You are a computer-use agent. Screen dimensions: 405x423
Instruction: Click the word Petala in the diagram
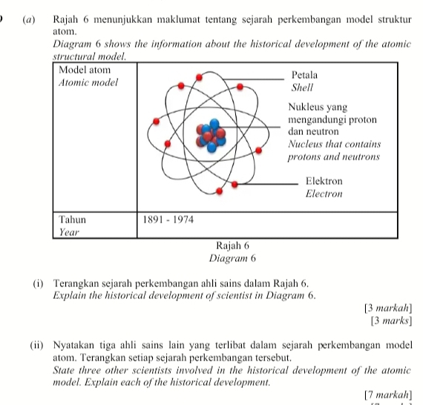[305, 75]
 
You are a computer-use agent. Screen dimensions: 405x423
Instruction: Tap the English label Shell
[303, 87]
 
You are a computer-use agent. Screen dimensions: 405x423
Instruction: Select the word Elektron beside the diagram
[324, 182]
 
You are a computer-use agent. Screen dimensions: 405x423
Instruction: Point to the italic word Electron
[324, 194]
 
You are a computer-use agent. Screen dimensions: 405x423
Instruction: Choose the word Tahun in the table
[73, 220]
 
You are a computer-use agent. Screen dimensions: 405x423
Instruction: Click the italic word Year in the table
[69, 232]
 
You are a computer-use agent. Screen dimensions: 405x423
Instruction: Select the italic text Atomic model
[88, 82]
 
